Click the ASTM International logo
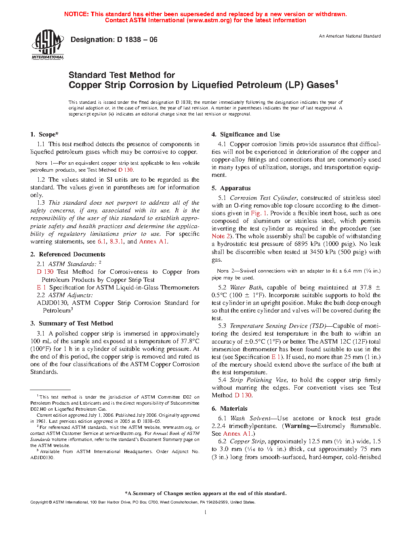(x=48, y=45)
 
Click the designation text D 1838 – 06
(x=114, y=40)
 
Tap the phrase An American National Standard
(x=350, y=36)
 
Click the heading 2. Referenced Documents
(x=68, y=254)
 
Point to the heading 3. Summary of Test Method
(x=72, y=323)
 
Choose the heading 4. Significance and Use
(x=246, y=134)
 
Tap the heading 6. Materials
(x=229, y=409)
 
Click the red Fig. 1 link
(x=259, y=213)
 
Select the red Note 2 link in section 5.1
(x=221, y=236)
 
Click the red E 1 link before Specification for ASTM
(x=41, y=287)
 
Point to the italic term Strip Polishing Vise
(x=258, y=380)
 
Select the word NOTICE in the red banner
(x=76, y=14)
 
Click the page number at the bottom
(x=206, y=512)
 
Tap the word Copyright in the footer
(x=39, y=502)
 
